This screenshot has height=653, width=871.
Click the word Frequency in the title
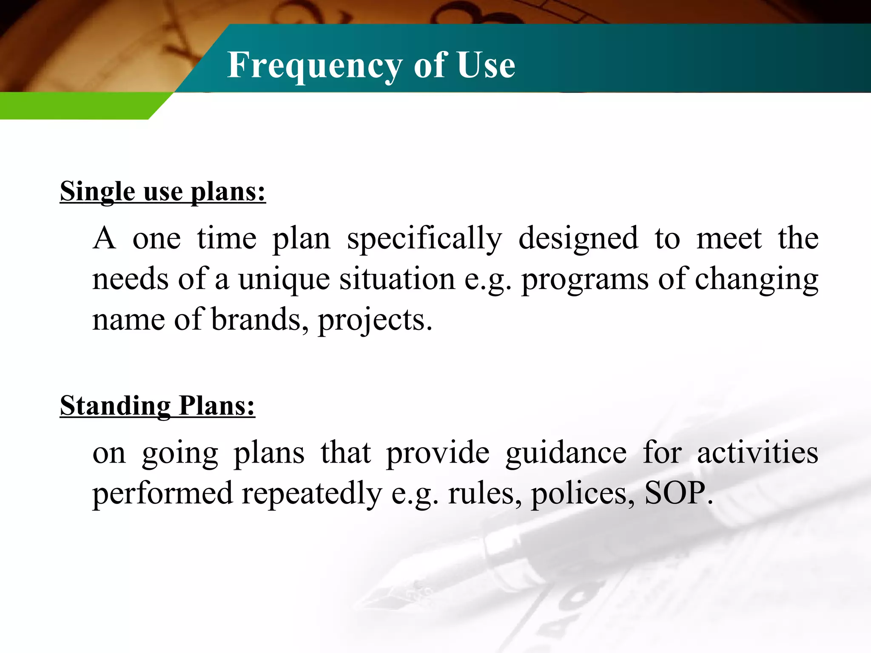pos(314,66)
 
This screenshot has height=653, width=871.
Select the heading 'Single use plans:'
pos(162,191)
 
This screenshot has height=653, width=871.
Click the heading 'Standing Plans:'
pos(157,406)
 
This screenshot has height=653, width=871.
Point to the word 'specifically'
pos(424,239)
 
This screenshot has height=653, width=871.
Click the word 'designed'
pos(578,239)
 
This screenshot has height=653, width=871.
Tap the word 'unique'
pos(284,280)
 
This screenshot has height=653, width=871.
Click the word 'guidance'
pos(566,453)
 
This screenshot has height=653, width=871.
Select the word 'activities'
pos(757,452)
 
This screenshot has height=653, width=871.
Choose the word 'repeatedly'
pos(312,494)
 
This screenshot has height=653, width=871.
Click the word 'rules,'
pos(485,494)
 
